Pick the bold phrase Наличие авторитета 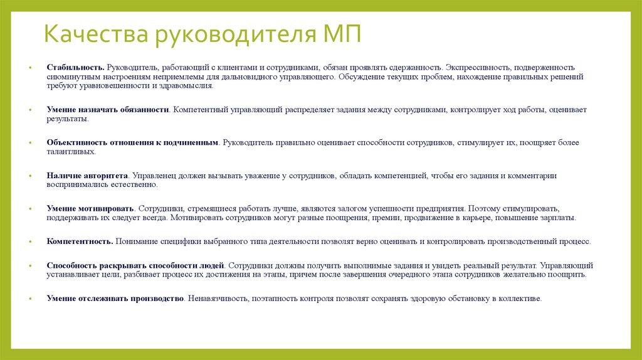click(x=87, y=176)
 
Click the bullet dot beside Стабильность click(x=29, y=67)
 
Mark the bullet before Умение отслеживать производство click(x=29, y=299)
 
